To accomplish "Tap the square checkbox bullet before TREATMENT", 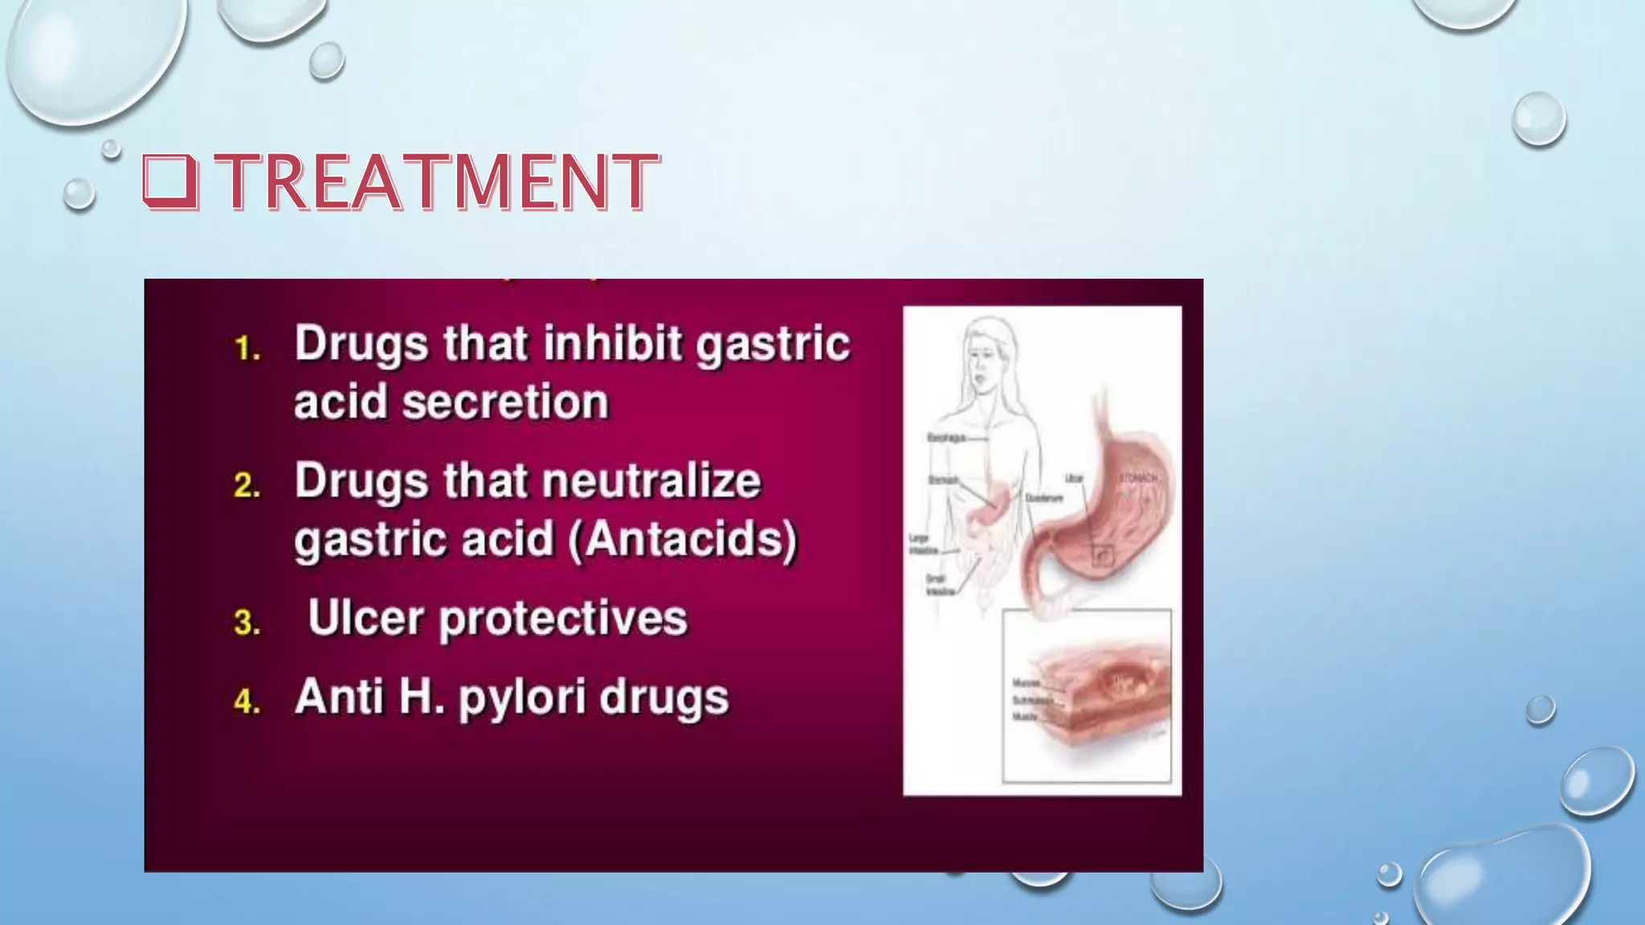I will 169,181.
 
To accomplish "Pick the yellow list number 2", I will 247,486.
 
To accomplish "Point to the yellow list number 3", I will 247,623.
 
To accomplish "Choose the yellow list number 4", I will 247,702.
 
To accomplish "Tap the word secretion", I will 506,401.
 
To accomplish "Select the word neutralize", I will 651,482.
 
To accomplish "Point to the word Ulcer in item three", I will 365,618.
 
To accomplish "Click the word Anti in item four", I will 340,696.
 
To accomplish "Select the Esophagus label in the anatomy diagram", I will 945,438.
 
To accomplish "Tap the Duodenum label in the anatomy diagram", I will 1044,499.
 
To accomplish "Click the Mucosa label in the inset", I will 1026,683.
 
